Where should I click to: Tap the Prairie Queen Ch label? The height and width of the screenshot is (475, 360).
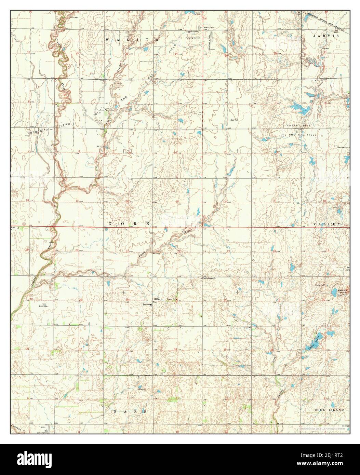click(x=210, y=278)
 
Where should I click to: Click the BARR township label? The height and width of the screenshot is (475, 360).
click(x=130, y=412)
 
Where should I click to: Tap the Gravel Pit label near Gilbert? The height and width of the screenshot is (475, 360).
click(x=171, y=299)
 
